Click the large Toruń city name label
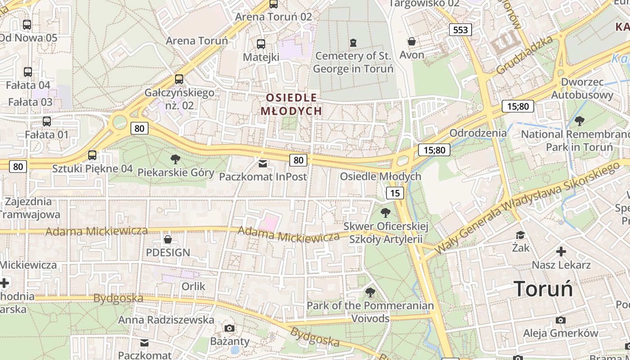[x=544, y=289]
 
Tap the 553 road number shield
[x=460, y=30]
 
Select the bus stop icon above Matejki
[x=261, y=44]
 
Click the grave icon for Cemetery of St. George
[x=353, y=43]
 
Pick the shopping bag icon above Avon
[x=412, y=42]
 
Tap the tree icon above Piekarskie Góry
[x=175, y=159]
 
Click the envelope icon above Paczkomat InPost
[x=263, y=163]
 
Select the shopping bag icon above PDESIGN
[x=168, y=239]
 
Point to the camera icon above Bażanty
[x=229, y=328]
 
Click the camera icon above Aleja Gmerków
[x=560, y=320]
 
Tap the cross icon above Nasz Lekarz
[x=561, y=252]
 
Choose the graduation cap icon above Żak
[x=521, y=235]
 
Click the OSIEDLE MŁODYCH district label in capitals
[x=291, y=104]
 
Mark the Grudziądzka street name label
[x=524, y=55]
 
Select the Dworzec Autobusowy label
[x=582, y=89]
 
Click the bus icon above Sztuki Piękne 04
[x=92, y=155]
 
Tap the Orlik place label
[x=193, y=286]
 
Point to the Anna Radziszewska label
[x=166, y=319]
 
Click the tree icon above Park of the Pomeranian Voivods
[x=370, y=293]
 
